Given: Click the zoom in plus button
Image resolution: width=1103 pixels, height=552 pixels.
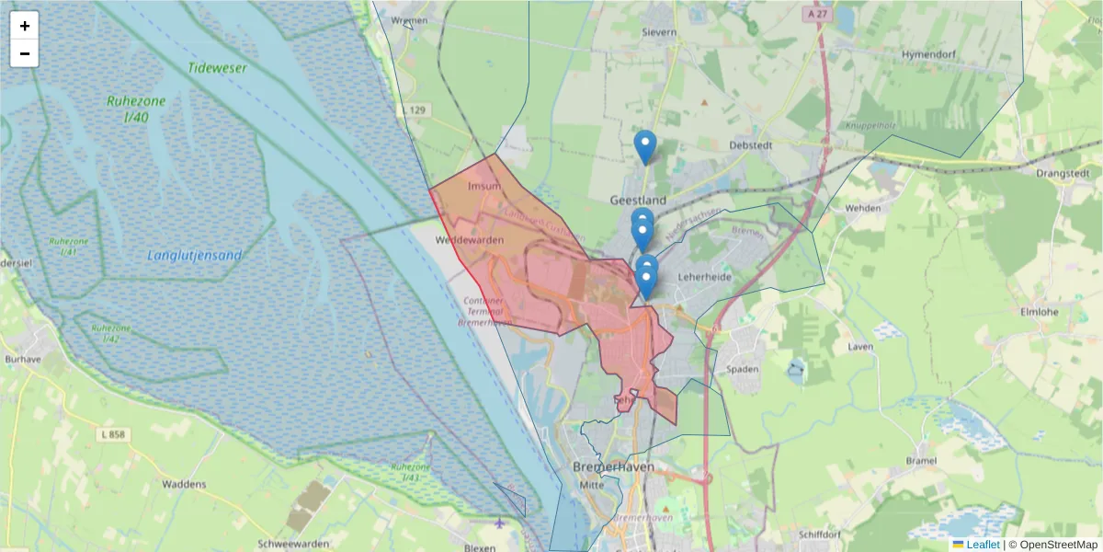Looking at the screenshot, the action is point(25,26).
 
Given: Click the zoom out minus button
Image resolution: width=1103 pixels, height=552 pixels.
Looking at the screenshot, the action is point(25,53).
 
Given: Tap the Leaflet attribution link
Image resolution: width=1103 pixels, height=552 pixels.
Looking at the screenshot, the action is point(982,545).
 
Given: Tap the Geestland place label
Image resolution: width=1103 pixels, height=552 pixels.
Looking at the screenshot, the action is point(638,200).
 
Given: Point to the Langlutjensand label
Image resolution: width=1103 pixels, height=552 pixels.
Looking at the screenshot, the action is point(195,256).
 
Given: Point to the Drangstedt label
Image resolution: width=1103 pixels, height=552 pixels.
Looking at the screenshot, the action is point(1062,172).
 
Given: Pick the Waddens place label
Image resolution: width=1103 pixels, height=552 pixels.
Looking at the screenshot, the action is point(184,484).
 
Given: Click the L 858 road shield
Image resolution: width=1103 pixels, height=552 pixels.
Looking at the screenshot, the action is point(114,434).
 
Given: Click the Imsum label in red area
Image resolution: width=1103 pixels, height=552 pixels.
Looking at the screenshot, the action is point(484,186).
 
